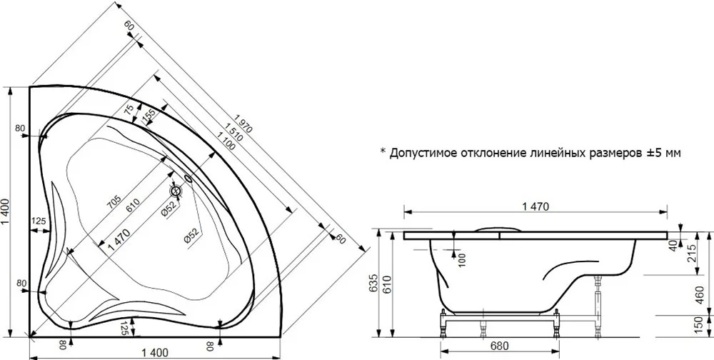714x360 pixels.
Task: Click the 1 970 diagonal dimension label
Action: click(x=242, y=124)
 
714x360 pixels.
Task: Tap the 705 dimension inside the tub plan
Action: click(x=114, y=202)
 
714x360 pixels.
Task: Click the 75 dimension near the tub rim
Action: click(x=130, y=111)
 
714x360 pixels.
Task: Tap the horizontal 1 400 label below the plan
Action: click(x=155, y=353)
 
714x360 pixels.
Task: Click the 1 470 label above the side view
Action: click(x=535, y=206)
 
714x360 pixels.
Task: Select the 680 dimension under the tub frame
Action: click(x=500, y=346)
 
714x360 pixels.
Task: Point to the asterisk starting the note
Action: click(x=383, y=151)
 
